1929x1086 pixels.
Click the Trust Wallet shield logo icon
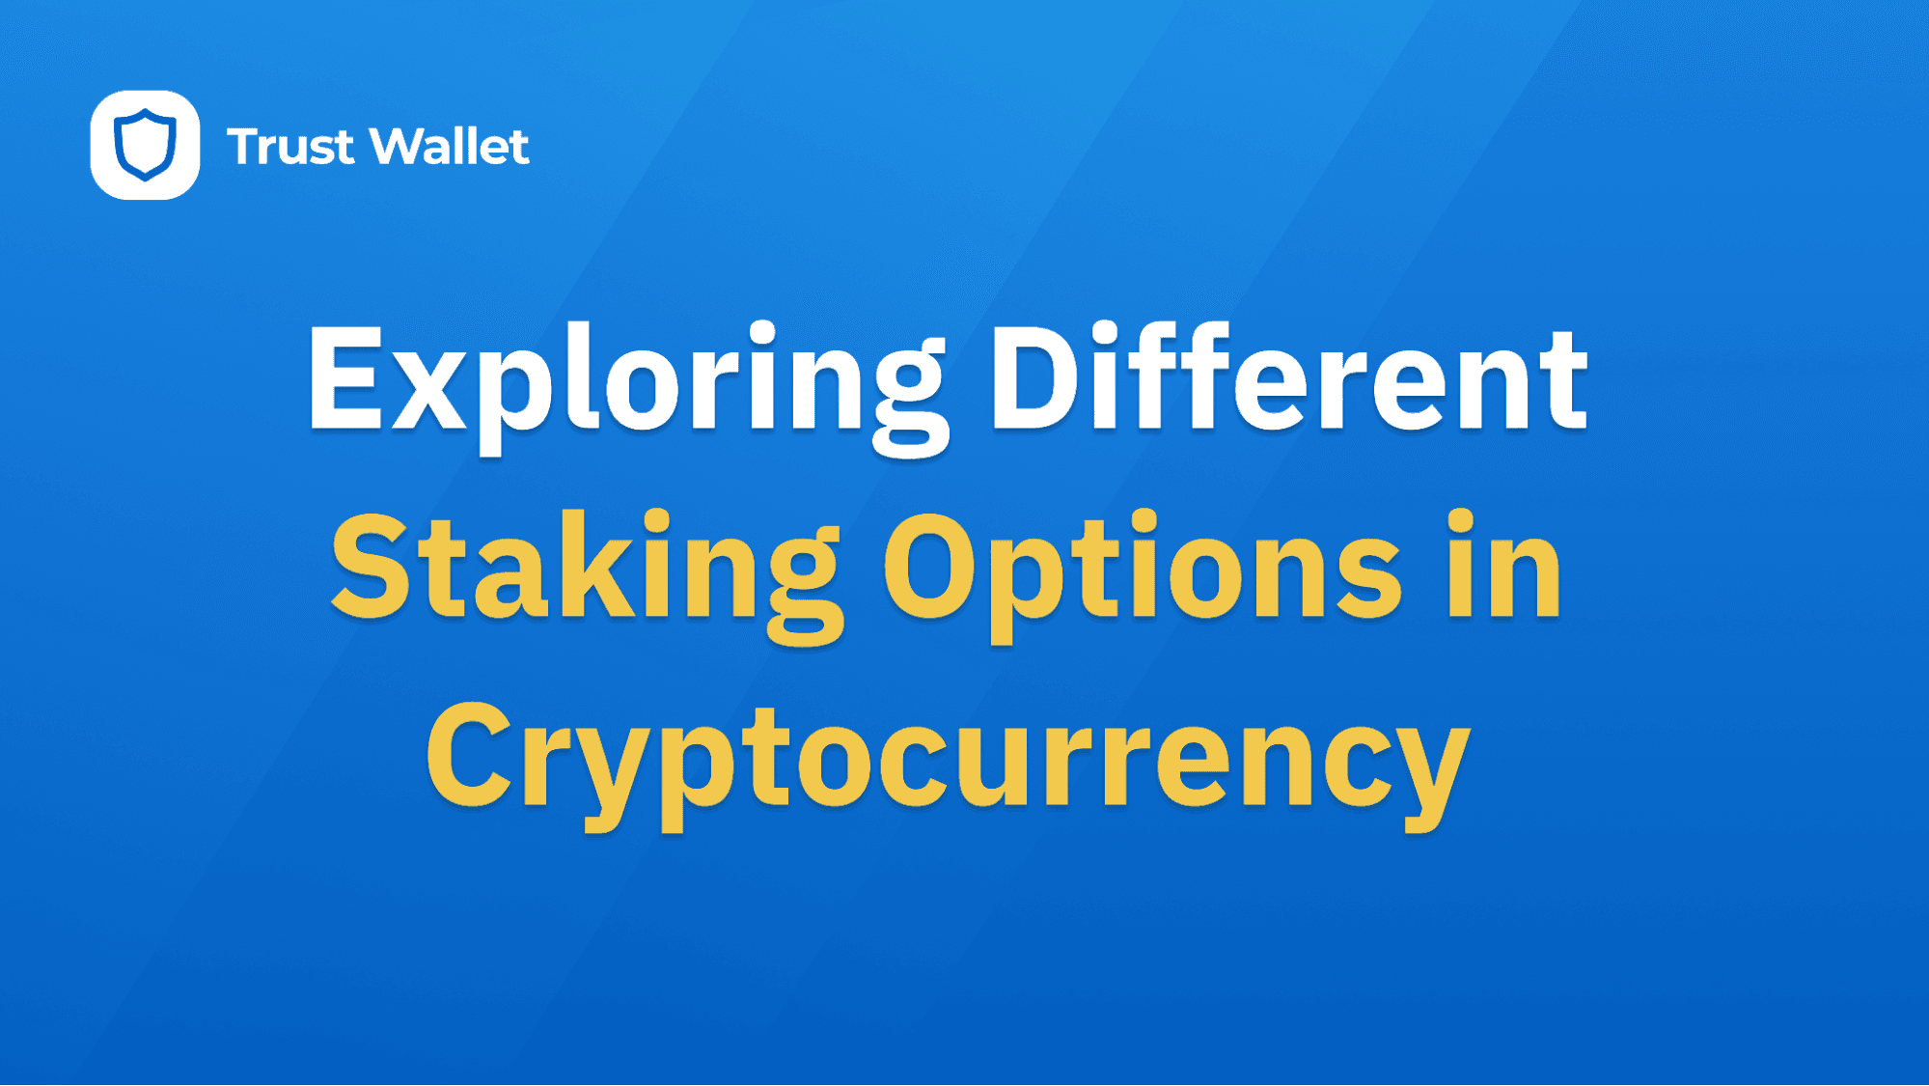[145, 145]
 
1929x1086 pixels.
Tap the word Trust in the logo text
[290, 147]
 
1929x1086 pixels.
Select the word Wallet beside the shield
[450, 147]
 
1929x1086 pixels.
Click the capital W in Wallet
[400, 147]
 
